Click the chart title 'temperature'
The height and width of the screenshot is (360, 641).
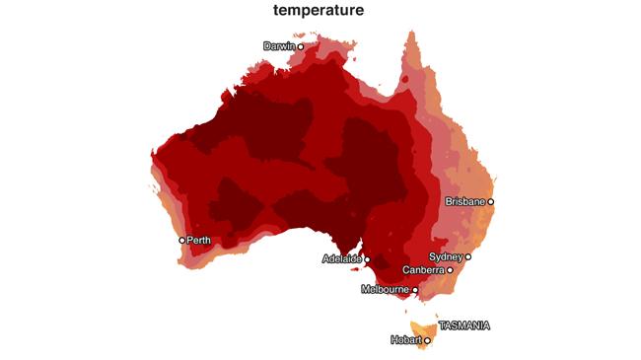pos(320,11)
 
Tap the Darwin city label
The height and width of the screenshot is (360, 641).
pos(279,46)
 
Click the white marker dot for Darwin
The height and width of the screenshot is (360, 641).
pos(301,46)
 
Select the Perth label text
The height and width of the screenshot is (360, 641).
pos(198,240)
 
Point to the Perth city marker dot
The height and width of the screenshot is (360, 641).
pos(182,240)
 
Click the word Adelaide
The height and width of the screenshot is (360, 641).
pos(342,259)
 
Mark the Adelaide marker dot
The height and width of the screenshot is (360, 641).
pos(368,260)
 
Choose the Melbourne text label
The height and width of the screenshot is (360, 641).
pos(386,289)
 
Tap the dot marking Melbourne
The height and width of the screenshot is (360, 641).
pos(415,290)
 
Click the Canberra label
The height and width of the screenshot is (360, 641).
pos(424,270)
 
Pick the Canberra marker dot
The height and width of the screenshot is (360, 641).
pos(450,270)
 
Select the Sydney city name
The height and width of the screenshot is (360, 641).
pos(447,256)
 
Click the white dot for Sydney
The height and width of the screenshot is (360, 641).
pos(468,256)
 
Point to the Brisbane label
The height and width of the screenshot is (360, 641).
pos(465,201)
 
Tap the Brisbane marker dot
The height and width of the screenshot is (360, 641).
pos(491,201)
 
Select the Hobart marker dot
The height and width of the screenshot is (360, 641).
pos(428,340)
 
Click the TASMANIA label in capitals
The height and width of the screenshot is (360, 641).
pos(463,324)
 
